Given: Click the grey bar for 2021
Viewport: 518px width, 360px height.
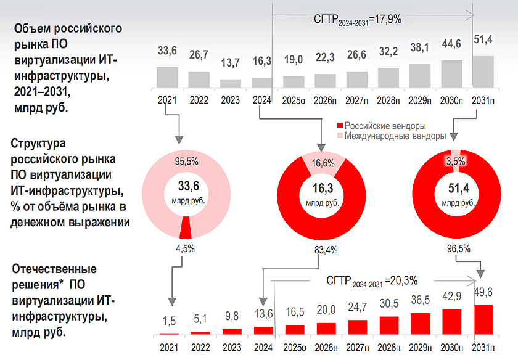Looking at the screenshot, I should pos(167,78).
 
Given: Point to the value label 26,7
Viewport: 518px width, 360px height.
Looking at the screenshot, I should pos(199,54).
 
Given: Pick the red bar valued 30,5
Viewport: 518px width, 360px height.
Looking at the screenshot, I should pos(388,325).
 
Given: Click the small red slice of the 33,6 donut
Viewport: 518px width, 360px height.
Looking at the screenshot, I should pos(185,229).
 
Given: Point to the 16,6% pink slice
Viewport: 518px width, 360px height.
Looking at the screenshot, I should pos(320,163).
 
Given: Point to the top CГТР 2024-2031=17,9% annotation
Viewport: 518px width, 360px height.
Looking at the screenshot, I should pos(358,20).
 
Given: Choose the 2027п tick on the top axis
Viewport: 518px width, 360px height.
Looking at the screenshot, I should pos(357,99).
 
